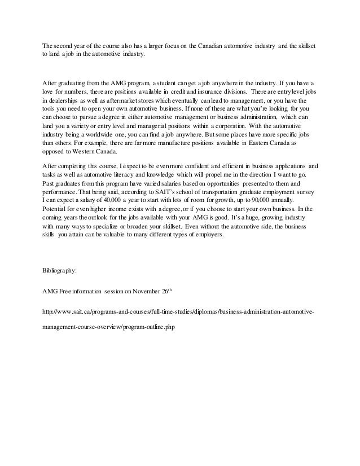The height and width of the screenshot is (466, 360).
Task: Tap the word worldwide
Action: (x=122, y=136)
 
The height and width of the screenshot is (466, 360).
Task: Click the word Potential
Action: (x=56, y=211)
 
